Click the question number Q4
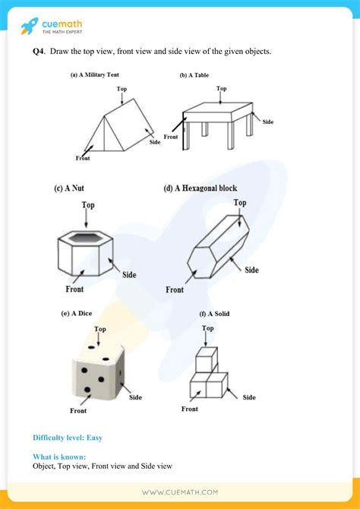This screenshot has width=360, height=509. click(x=39, y=51)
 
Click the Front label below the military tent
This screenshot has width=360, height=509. click(x=83, y=158)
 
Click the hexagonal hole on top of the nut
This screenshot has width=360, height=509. click(x=87, y=237)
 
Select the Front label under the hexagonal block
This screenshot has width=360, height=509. click(x=175, y=289)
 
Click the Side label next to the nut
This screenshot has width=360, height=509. click(x=128, y=274)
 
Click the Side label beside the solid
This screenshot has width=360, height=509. click(x=249, y=397)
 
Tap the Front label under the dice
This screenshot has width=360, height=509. click(x=78, y=411)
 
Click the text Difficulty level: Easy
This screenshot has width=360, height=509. click(x=68, y=438)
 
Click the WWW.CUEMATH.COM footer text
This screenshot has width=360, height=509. click(x=179, y=492)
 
